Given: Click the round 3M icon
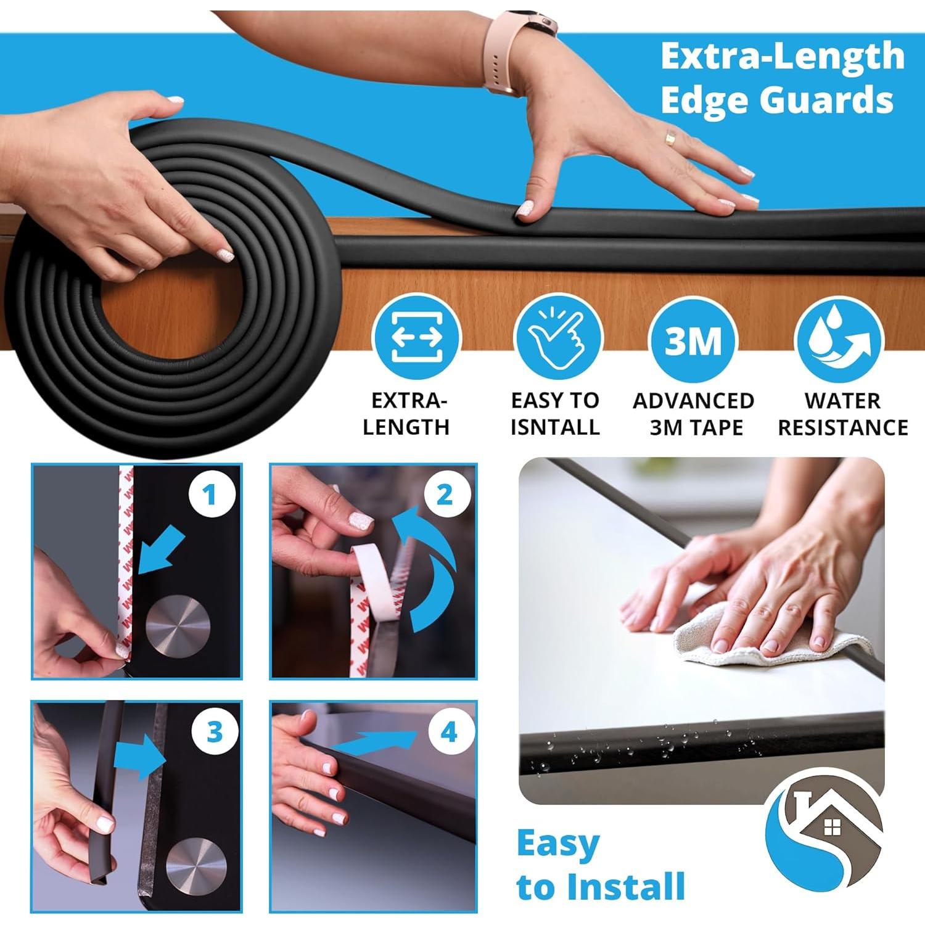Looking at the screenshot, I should (693, 338).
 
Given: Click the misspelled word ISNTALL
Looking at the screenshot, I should (555, 427).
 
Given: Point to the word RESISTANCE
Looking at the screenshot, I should (842, 427).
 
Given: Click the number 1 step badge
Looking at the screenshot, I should (211, 495).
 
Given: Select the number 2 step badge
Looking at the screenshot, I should (444, 495).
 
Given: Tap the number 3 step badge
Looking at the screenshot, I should (214, 732).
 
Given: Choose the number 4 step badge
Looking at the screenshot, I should (449, 732).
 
